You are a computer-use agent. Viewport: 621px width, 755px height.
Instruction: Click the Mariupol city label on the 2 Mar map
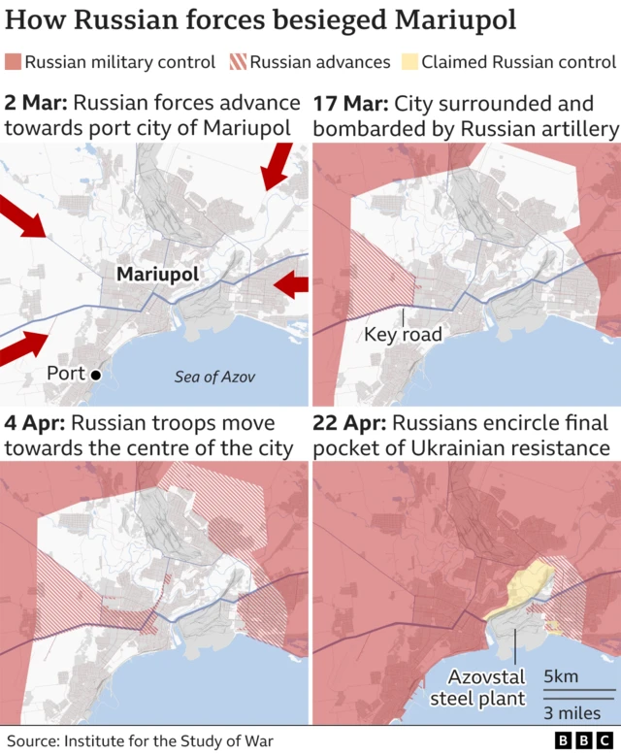[x=157, y=275]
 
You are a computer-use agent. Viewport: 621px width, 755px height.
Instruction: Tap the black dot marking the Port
[x=96, y=375]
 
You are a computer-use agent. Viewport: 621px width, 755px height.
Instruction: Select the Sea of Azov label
[x=214, y=377]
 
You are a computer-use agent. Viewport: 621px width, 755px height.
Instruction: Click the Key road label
[x=403, y=335]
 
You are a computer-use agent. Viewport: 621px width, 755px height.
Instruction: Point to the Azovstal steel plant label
[x=485, y=687]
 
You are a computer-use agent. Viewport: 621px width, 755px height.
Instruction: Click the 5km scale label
[x=564, y=676]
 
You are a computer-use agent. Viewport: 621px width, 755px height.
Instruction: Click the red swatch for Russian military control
[x=13, y=62]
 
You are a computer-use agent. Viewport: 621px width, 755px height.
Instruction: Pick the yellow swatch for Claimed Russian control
[x=408, y=62]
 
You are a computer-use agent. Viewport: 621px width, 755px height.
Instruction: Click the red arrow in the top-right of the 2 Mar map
[x=276, y=166]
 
